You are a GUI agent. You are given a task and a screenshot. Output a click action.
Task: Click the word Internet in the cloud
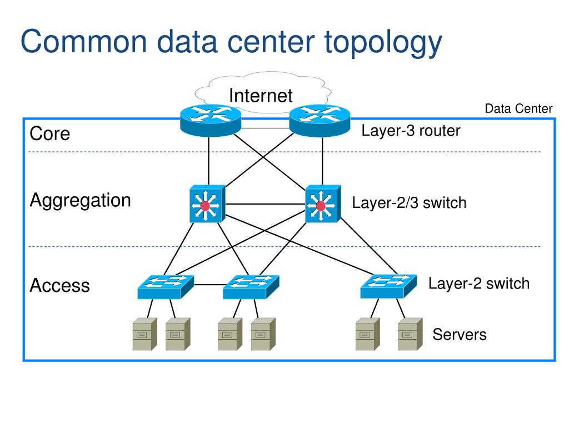(261, 96)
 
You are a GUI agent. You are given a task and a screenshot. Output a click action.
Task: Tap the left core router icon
(211, 121)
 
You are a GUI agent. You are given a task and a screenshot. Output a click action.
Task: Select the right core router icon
(320, 121)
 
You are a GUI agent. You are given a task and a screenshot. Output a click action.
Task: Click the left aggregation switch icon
(207, 203)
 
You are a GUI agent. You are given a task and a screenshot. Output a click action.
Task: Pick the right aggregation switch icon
(323, 203)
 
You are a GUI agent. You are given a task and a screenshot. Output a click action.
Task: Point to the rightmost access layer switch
(388, 286)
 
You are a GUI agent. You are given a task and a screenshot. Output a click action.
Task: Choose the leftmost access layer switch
(166, 287)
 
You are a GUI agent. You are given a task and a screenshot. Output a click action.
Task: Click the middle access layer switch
(251, 287)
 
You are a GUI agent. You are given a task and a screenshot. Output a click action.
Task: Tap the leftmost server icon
(145, 334)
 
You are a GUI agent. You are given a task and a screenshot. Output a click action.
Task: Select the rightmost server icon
(410, 334)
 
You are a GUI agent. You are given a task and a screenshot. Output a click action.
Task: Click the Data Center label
(518, 108)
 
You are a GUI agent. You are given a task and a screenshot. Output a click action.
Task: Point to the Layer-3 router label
(411, 131)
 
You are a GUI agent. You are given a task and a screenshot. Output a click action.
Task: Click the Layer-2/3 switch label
(409, 202)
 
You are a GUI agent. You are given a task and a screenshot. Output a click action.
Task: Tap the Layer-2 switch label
(479, 284)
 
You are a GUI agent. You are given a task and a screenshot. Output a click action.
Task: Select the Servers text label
(460, 334)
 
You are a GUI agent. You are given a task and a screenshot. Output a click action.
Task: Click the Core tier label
(49, 133)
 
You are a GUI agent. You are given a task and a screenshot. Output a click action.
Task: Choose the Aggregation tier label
(80, 201)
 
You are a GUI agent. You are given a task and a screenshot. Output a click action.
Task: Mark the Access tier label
(59, 285)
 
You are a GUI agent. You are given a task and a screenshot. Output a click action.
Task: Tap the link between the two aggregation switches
(265, 204)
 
